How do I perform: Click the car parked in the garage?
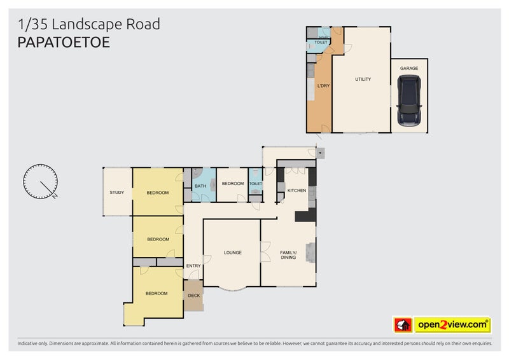407,101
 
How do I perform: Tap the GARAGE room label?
408,68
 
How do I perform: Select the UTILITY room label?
363,80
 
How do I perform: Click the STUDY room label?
116,192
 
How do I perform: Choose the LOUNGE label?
232,253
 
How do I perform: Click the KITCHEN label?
296,191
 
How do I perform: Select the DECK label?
193,296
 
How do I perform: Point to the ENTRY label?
193,266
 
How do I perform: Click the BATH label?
200,186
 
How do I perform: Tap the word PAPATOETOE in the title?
64,43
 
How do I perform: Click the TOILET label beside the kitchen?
255,184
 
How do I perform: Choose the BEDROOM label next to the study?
157,193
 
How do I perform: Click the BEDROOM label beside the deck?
156,293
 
